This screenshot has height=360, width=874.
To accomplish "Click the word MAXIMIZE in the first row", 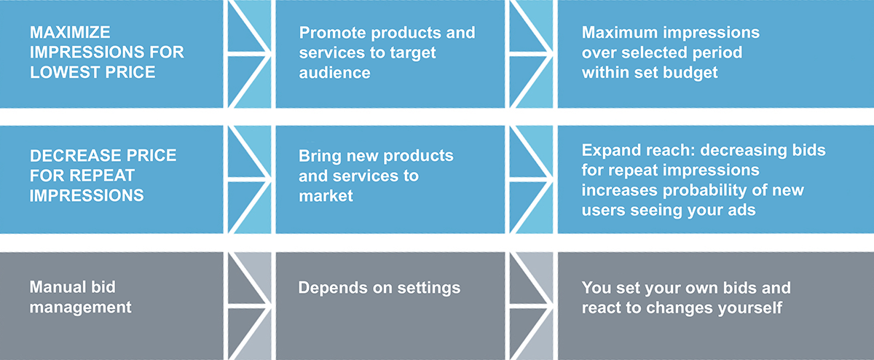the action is (71, 34).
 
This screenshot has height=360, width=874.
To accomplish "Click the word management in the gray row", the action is (81, 308).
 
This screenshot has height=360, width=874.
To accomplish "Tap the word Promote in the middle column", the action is (330, 34).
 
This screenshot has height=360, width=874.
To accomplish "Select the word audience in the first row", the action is (334, 73).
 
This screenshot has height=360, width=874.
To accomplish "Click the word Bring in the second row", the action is (318, 157).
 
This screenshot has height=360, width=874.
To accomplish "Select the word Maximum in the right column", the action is (618, 34).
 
